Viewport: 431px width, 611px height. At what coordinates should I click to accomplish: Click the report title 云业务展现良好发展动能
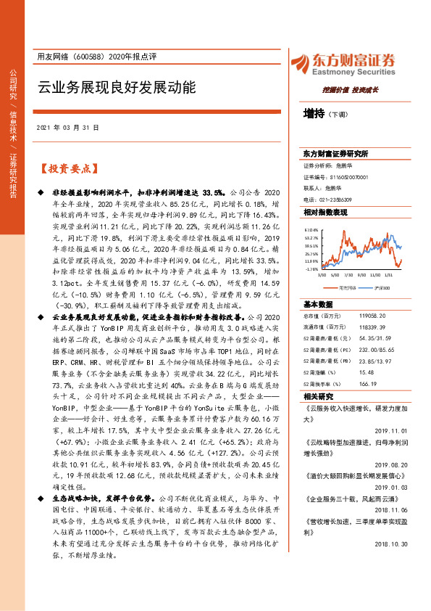(x=117, y=88)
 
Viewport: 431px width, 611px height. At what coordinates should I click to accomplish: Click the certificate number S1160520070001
(x=346, y=176)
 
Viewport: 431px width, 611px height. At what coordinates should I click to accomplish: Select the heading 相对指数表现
(x=325, y=212)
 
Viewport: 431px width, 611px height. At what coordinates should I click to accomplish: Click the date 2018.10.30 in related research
(x=393, y=522)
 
